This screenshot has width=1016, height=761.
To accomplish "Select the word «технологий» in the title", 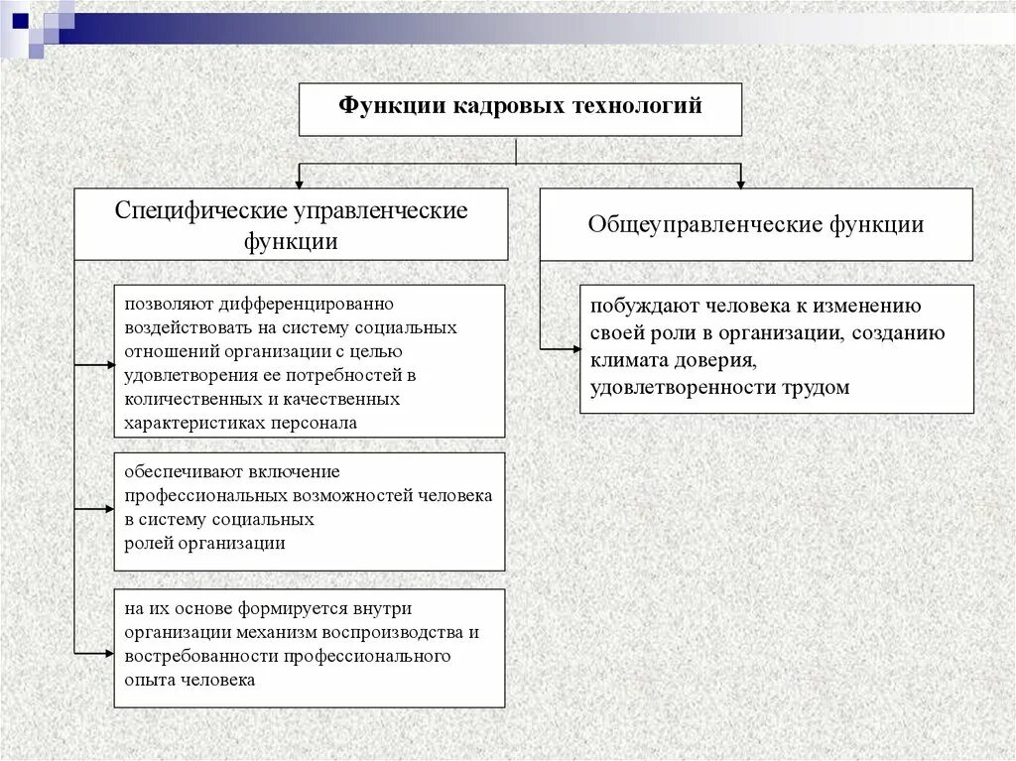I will [635, 106].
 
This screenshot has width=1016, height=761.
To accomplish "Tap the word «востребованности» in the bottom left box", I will [201, 656].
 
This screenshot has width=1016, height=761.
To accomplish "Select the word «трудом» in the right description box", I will [818, 388].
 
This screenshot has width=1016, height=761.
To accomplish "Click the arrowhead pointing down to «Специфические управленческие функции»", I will [299, 181].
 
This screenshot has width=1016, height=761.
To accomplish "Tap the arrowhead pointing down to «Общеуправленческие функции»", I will [740, 181].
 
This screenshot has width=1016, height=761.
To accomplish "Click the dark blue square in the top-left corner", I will [20, 18].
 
